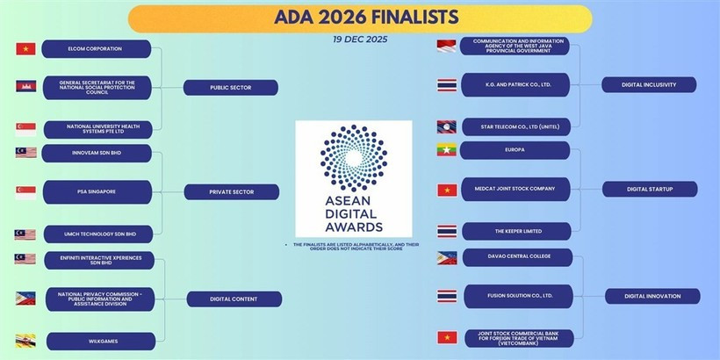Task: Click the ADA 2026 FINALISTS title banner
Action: [360, 18]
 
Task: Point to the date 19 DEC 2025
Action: [360, 40]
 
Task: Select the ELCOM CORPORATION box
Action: [97, 48]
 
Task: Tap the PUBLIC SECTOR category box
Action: [232, 88]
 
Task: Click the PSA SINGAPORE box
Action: [97, 191]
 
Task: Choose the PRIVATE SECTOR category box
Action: [232, 191]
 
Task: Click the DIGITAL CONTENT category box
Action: [234, 299]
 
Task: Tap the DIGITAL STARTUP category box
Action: [650, 189]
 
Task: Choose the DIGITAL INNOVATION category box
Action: [652, 296]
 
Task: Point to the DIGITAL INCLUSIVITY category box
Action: [650, 84]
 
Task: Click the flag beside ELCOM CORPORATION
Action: [25, 48]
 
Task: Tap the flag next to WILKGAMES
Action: [25, 341]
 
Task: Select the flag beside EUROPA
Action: [447, 150]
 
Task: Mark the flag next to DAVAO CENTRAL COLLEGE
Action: [447, 258]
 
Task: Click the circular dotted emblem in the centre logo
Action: [353, 155]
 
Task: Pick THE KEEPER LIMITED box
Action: [515, 231]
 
